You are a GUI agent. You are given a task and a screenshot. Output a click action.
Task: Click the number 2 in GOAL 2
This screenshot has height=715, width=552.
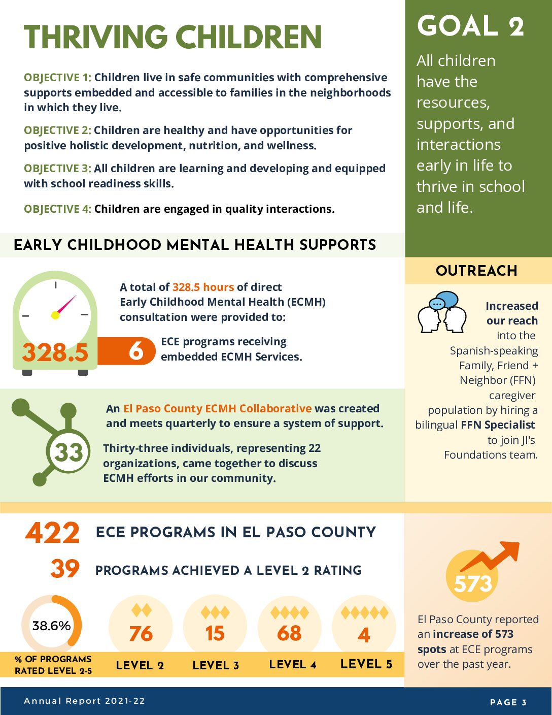[516, 26]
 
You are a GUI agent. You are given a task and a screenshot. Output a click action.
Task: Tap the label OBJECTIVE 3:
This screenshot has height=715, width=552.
[57, 169]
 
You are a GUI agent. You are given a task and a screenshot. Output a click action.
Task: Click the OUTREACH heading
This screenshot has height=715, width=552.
[476, 271]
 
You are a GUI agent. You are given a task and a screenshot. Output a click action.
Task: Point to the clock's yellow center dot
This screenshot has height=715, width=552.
[55, 315]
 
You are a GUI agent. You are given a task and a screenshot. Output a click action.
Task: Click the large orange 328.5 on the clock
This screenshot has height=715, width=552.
[55, 352]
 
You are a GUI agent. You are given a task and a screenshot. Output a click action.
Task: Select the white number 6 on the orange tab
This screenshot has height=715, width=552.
[136, 351]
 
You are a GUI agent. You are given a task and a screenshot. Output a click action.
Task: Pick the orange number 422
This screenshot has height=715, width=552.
[53, 533]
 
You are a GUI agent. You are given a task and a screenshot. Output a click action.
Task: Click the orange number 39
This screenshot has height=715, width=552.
[65, 569]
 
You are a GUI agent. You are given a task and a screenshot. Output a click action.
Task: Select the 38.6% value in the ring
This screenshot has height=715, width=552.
[51, 626]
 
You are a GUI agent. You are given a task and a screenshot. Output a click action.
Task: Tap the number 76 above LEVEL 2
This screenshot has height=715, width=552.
[141, 634]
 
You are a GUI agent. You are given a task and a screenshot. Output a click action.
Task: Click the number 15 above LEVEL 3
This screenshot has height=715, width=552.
[215, 634]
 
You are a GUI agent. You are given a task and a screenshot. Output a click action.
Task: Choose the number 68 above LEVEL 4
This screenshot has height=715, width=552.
[289, 634]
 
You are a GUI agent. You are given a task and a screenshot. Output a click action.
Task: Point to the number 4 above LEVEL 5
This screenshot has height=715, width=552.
[364, 635]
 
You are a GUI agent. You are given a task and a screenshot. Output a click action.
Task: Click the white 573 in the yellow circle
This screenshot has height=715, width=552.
[473, 584]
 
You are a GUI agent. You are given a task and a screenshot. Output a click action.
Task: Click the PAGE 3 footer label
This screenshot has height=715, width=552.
[508, 702]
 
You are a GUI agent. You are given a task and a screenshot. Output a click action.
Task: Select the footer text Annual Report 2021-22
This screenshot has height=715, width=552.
[84, 701]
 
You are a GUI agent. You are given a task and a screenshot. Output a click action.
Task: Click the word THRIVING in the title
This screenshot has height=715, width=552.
[95, 37]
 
